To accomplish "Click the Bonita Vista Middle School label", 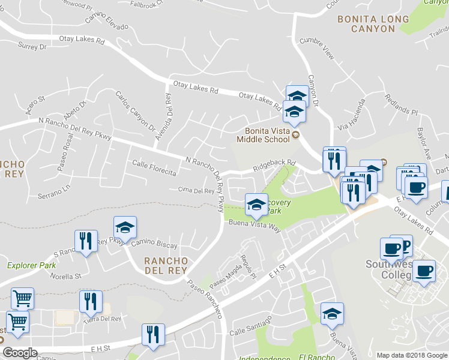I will (x=267, y=135).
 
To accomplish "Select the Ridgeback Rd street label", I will (x=274, y=163).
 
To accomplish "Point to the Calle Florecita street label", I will (x=154, y=168).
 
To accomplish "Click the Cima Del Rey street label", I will (x=196, y=191).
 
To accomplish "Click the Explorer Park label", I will (x=31, y=265).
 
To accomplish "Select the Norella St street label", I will (x=66, y=277).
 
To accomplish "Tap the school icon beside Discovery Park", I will (x=256, y=204).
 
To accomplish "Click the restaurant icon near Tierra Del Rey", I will (x=91, y=301).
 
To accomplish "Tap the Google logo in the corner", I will (x=20, y=353).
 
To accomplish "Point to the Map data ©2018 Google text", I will (x=412, y=355).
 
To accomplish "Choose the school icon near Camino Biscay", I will (x=125, y=227).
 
